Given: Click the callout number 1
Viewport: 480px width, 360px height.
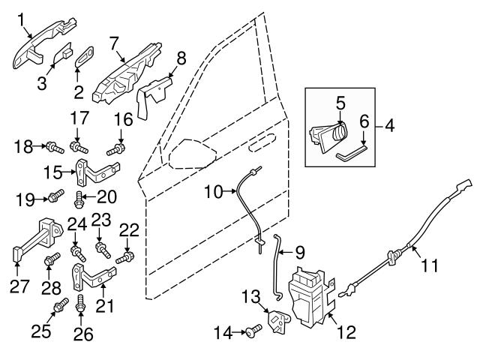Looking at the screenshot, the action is tap(21, 20).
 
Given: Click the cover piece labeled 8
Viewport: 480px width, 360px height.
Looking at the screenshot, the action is tap(154, 95).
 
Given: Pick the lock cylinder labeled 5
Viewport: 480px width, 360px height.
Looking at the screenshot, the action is tap(329, 135).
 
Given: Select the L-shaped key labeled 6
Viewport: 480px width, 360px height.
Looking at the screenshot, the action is tap(352, 152).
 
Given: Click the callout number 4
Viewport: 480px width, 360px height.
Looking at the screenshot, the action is tap(389, 126).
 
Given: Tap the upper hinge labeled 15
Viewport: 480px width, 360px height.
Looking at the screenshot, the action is tap(97, 172).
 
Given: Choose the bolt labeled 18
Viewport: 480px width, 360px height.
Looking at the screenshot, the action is tap(55, 147).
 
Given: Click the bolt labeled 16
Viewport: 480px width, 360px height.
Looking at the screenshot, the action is tap(115, 149).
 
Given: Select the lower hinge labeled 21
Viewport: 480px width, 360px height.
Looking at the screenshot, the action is tap(94, 277).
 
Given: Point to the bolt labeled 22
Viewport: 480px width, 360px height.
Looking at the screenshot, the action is tap(125, 257).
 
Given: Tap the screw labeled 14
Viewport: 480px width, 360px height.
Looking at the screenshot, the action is tap(253, 331).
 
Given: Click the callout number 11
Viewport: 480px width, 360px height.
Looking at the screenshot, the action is tap(430, 265).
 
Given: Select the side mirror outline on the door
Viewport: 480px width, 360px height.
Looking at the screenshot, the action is tap(192, 154).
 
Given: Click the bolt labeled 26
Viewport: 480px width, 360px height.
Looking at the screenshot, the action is tap(80, 304).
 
